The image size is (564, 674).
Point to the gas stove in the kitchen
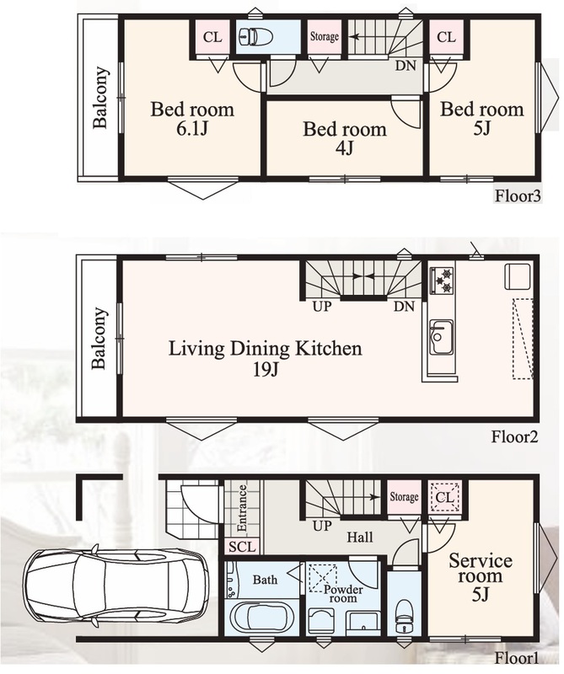(x=442, y=280)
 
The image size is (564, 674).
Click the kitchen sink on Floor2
(x=442, y=337)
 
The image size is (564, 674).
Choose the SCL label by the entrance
(x=242, y=547)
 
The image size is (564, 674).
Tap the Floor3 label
(x=517, y=196)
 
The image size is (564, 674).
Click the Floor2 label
(x=515, y=437)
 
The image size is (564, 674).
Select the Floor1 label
(x=516, y=658)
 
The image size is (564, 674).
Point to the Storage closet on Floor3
(x=325, y=37)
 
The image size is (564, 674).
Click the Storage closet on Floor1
(x=404, y=497)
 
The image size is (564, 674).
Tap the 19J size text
(x=266, y=369)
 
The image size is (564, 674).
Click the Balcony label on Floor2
(x=99, y=338)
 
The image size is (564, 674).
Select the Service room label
(x=481, y=568)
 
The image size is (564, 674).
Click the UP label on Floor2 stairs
(x=322, y=307)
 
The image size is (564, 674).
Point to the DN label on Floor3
(x=406, y=66)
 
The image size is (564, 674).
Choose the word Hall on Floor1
(x=360, y=537)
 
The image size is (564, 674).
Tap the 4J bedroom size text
(x=344, y=148)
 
